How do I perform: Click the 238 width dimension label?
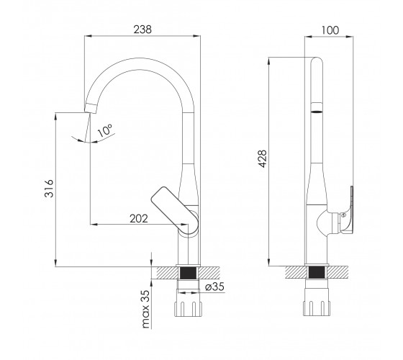[142, 30]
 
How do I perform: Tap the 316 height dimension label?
[49, 189]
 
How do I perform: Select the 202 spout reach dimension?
[139, 219]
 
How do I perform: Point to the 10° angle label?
[105, 130]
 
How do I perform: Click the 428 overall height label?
[263, 158]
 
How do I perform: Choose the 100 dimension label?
[330, 30]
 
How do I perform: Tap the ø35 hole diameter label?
[215, 287]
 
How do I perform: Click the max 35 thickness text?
[145, 310]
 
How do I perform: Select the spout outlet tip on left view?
[91, 109]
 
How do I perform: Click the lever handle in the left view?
[175, 210]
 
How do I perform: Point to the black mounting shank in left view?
[188, 273]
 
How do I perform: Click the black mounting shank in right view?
[317, 273]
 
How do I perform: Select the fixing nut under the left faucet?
[189, 309]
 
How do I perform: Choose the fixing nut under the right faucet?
[317, 308]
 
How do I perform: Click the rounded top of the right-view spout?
[317, 60]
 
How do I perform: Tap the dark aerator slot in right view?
[317, 112]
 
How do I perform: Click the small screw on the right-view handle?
[343, 215]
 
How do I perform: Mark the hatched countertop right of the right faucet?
[338, 273]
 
